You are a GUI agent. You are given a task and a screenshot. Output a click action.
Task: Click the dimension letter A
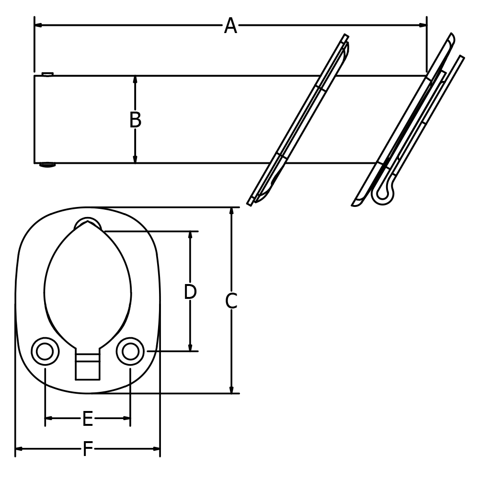pos(231,26)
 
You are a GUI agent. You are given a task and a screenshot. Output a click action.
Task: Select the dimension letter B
pos(136,120)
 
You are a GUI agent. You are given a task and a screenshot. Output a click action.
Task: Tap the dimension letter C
pos(231,301)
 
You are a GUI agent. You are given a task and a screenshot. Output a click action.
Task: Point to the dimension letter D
pos(190,292)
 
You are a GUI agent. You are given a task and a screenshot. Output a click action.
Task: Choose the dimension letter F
pos(88,449)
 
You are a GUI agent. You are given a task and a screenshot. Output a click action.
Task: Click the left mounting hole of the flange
pos(45,351)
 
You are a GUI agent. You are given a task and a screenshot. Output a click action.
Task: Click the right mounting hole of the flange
pos(130,351)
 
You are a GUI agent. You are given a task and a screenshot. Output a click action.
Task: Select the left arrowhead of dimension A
pos(38,25)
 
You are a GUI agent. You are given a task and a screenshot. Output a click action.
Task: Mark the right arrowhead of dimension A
pos(422,25)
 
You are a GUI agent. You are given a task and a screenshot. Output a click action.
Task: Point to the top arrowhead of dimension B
pos(136,80)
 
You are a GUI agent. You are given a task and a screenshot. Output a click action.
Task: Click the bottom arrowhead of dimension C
pos(231,389)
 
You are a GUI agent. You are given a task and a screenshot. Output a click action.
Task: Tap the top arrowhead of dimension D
pos(190,236)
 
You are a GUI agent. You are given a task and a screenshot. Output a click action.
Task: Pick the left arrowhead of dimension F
pos(19,449)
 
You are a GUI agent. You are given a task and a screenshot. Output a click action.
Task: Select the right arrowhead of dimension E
pos(126,418)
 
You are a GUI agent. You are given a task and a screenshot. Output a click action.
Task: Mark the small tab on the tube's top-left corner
pos(47,74)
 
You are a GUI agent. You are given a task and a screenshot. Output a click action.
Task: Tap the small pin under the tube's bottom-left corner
pos(47,165)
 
